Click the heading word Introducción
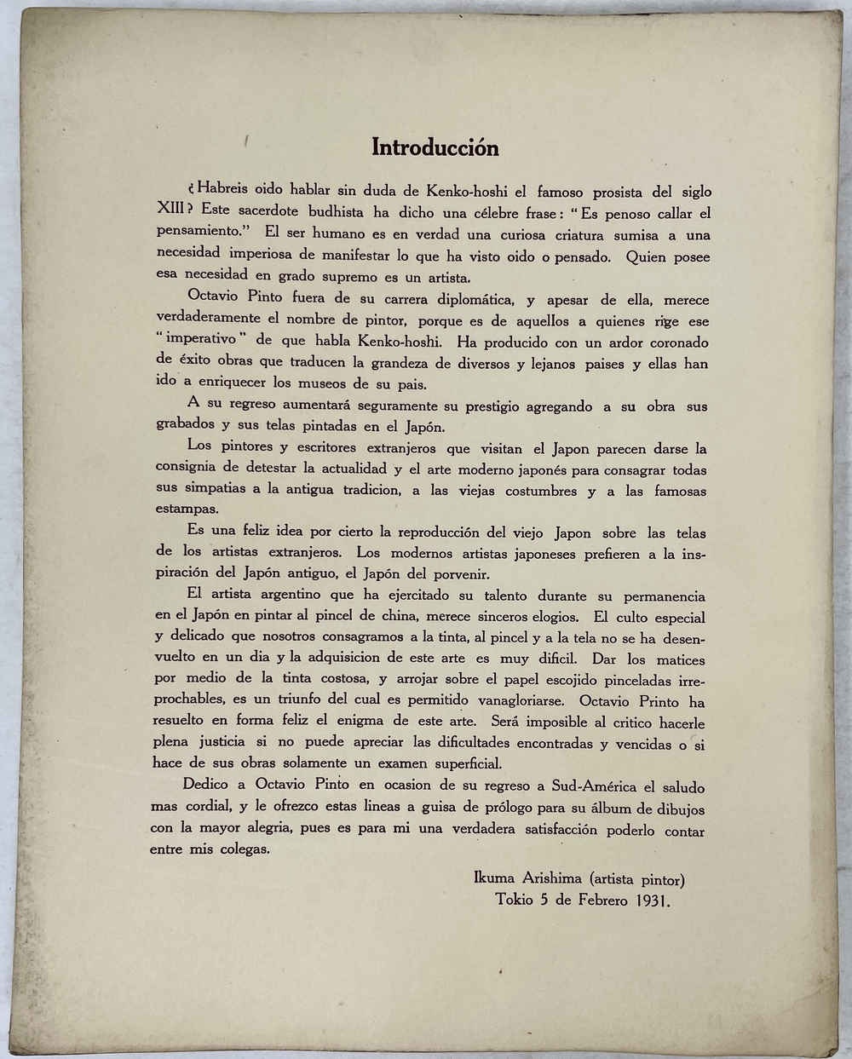tap(435, 147)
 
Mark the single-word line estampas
tap(186, 509)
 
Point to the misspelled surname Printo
tap(653, 701)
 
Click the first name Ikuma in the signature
tap(492, 878)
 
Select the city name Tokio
tap(515, 900)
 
